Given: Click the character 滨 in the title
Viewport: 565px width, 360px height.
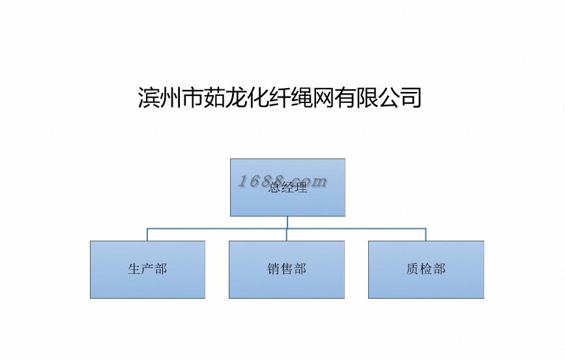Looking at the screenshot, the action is click(x=149, y=97).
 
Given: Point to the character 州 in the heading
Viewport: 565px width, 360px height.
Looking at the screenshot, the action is click(x=173, y=97).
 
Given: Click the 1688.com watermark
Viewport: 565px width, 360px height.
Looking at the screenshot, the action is click(x=282, y=181).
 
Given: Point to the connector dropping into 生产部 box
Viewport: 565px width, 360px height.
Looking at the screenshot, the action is click(x=147, y=235).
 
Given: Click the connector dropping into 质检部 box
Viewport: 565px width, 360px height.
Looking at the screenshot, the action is click(x=426, y=235).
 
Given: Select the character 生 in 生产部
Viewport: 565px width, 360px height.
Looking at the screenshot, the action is click(x=134, y=269).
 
